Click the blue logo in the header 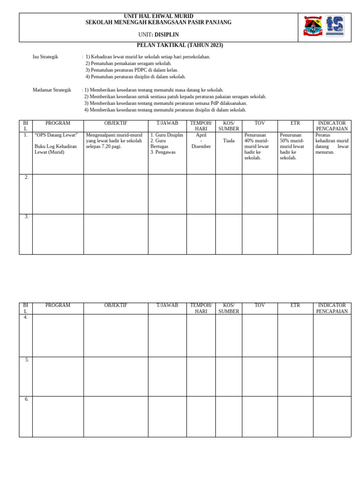pos(335,26)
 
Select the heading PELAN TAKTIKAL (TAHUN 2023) pos(180,45)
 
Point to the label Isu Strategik pos(45,57)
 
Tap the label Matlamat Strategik pos(52,90)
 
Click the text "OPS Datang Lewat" pos(56,135)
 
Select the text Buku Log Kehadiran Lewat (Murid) pos(55,149)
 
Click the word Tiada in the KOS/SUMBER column pos(229,141)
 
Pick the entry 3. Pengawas pos(163,152)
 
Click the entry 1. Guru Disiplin pos(166,135)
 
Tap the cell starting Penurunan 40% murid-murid pos(257,146)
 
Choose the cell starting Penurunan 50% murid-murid pos(292,146)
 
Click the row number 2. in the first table pos(27,177)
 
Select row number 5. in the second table pos(27,360)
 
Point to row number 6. pos(27,399)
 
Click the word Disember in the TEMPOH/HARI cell pos(201,146)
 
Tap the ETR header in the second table pos(295,305)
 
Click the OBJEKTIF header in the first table pos(116,123)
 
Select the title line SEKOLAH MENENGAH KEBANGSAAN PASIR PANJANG pos(158,22)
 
